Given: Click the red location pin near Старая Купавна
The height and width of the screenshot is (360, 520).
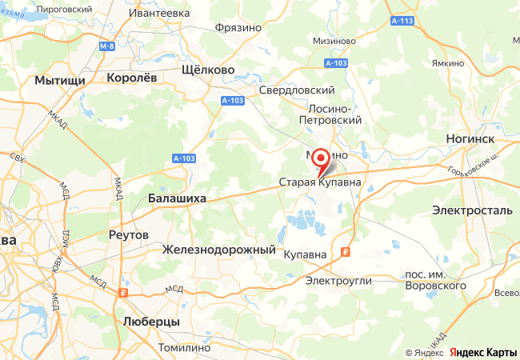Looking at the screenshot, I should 320,158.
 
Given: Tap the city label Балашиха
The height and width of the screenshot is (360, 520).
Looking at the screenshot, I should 178,198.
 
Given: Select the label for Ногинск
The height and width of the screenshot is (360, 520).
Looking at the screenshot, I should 470,138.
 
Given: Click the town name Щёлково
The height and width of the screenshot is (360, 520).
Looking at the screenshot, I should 209,70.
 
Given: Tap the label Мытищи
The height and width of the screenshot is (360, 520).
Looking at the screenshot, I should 60,81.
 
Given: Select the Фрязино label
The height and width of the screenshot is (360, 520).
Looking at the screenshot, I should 238,27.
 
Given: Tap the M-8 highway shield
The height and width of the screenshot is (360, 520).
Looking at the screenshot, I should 107,46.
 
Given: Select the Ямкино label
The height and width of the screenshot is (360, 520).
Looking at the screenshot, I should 447,63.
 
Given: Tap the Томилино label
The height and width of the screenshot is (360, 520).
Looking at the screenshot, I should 186,348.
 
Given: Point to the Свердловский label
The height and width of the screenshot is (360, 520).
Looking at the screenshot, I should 296,90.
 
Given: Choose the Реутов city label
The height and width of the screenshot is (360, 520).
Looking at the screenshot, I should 128,235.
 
